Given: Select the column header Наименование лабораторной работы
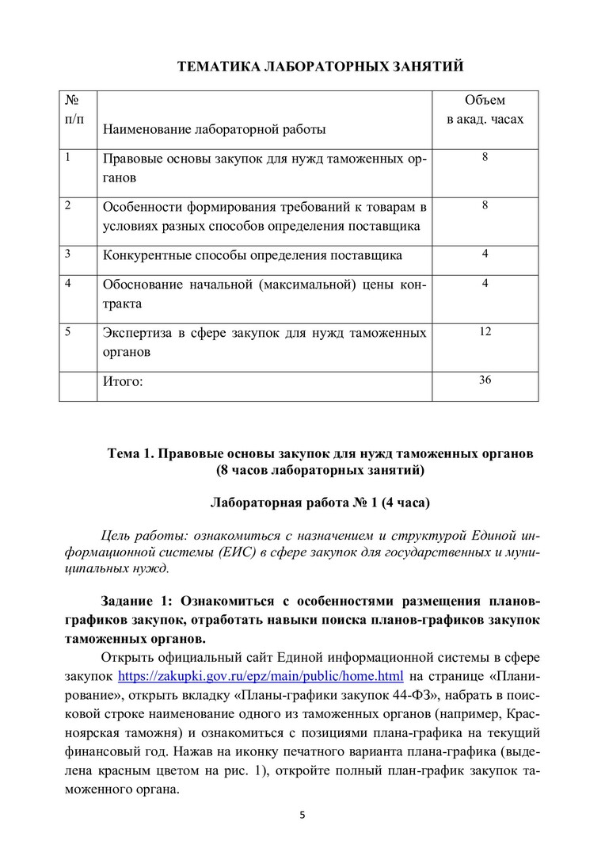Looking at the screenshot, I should point(215,128).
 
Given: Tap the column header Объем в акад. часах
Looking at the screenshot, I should point(485,110).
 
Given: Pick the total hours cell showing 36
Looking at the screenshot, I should point(485,380).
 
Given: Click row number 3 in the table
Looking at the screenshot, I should point(69,254).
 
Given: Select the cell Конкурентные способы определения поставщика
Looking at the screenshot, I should point(253,255).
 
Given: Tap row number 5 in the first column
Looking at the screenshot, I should point(69,332).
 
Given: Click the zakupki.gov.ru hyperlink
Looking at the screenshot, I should point(261,676).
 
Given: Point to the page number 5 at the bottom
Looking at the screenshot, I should point(302,815).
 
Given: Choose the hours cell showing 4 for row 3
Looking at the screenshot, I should point(485,254).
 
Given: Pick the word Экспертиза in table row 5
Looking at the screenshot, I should point(138,333).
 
